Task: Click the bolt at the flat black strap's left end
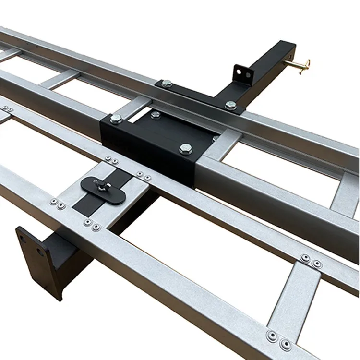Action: tap(167, 84)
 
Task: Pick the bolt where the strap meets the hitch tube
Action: tap(231, 105)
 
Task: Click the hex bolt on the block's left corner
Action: tap(116, 118)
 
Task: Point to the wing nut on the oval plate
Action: tap(102, 184)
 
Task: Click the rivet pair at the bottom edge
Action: tap(279, 339)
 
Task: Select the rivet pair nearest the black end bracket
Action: tap(57, 204)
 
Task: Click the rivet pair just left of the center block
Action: tap(111, 159)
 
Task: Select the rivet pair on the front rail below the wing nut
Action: tap(92, 224)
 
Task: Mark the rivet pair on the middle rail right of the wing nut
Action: tap(144, 176)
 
